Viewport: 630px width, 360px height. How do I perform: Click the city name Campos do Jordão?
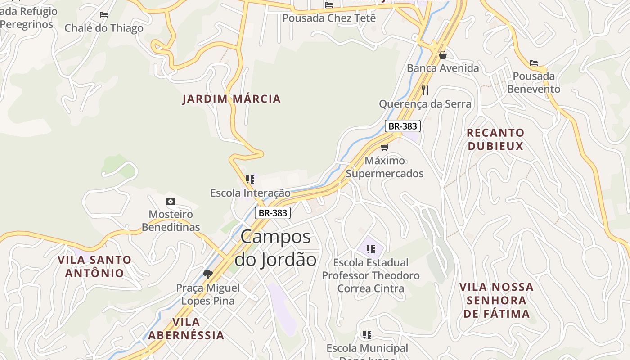click(x=275, y=248)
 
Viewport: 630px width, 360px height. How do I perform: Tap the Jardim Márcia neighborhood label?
click(x=231, y=99)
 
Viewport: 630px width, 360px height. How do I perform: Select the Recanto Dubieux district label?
click(x=495, y=139)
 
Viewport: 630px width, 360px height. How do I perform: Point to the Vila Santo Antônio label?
click(x=94, y=266)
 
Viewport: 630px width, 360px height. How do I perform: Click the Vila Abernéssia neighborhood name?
click(x=186, y=328)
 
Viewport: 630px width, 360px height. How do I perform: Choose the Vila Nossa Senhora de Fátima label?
click(x=496, y=300)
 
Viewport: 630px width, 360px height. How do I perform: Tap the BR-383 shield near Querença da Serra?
click(x=403, y=126)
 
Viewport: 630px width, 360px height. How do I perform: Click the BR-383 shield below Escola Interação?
click(x=273, y=213)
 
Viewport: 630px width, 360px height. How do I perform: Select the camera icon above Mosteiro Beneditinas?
click(x=170, y=201)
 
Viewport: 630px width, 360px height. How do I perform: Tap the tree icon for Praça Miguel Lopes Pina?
click(x=207, y=274)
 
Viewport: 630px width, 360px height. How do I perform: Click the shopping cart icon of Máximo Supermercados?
click(x=384, y=147)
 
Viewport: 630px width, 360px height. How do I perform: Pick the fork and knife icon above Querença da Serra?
click(x=425, y=90)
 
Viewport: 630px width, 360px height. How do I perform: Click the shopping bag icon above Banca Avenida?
click(x=443, y=55)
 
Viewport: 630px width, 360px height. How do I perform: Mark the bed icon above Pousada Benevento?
click(x=534, y=63)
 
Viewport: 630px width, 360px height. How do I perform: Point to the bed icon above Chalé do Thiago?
click(x=104, y=15)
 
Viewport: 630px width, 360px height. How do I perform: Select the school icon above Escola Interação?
click(x=250, y=180)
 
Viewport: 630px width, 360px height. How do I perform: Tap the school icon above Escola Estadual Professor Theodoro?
click(x=371, y=249)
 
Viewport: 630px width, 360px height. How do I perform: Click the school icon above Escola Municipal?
click(x=367, y=334)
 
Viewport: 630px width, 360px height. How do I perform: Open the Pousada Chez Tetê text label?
click(x=329, y=18)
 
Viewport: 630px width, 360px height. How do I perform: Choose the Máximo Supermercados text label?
click(x=385, y=167)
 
